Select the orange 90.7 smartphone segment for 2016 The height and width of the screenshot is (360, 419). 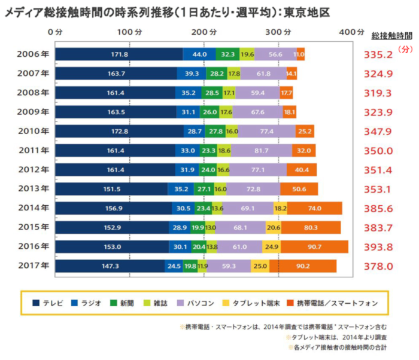314,246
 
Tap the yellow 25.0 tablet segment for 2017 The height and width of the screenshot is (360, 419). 260,266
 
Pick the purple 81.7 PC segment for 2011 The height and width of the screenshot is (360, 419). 261,150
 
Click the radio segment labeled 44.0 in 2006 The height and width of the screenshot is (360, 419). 199,54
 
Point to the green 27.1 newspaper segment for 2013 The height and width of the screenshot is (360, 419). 203,189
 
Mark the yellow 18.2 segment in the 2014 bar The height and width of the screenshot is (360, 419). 280,208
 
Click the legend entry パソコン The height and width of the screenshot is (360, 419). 195,303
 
